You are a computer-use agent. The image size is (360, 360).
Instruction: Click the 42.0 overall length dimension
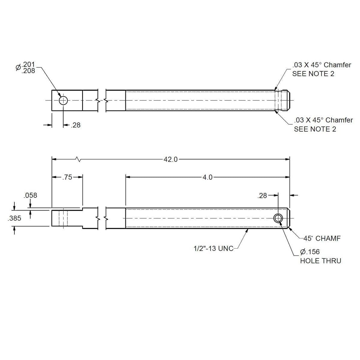[x=171, y=159]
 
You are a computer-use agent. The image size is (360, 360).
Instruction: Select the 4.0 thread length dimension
[x=207, y=177]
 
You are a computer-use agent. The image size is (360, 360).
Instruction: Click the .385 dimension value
[x=14, y=218]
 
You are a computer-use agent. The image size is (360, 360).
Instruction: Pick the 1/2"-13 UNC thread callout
[x=213, y=248]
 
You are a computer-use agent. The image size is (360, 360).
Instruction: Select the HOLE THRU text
[x=320, y=261]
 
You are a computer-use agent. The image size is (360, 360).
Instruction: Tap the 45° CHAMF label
[x=322, y=239]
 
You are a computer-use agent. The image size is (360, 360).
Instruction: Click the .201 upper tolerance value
[x=28, y=64]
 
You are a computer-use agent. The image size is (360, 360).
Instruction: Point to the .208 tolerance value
[x=28, y=71]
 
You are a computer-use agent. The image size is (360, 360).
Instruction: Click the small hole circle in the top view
[x=63, y=100]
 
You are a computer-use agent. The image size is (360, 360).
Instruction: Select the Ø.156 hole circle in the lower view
[x=278, y=218]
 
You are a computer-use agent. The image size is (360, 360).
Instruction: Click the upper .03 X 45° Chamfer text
[x=321, y=65]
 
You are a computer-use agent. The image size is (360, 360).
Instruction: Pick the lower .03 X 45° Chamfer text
[x=323, y=120]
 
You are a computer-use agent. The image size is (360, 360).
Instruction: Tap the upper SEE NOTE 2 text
[x=313, y=74]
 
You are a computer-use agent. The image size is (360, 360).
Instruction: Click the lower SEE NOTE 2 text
[x=315, y=129]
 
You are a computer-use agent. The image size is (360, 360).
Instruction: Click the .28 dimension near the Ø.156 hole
[x=262, y=196]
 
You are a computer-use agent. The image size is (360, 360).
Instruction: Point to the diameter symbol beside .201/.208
[x=18, y=67]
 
